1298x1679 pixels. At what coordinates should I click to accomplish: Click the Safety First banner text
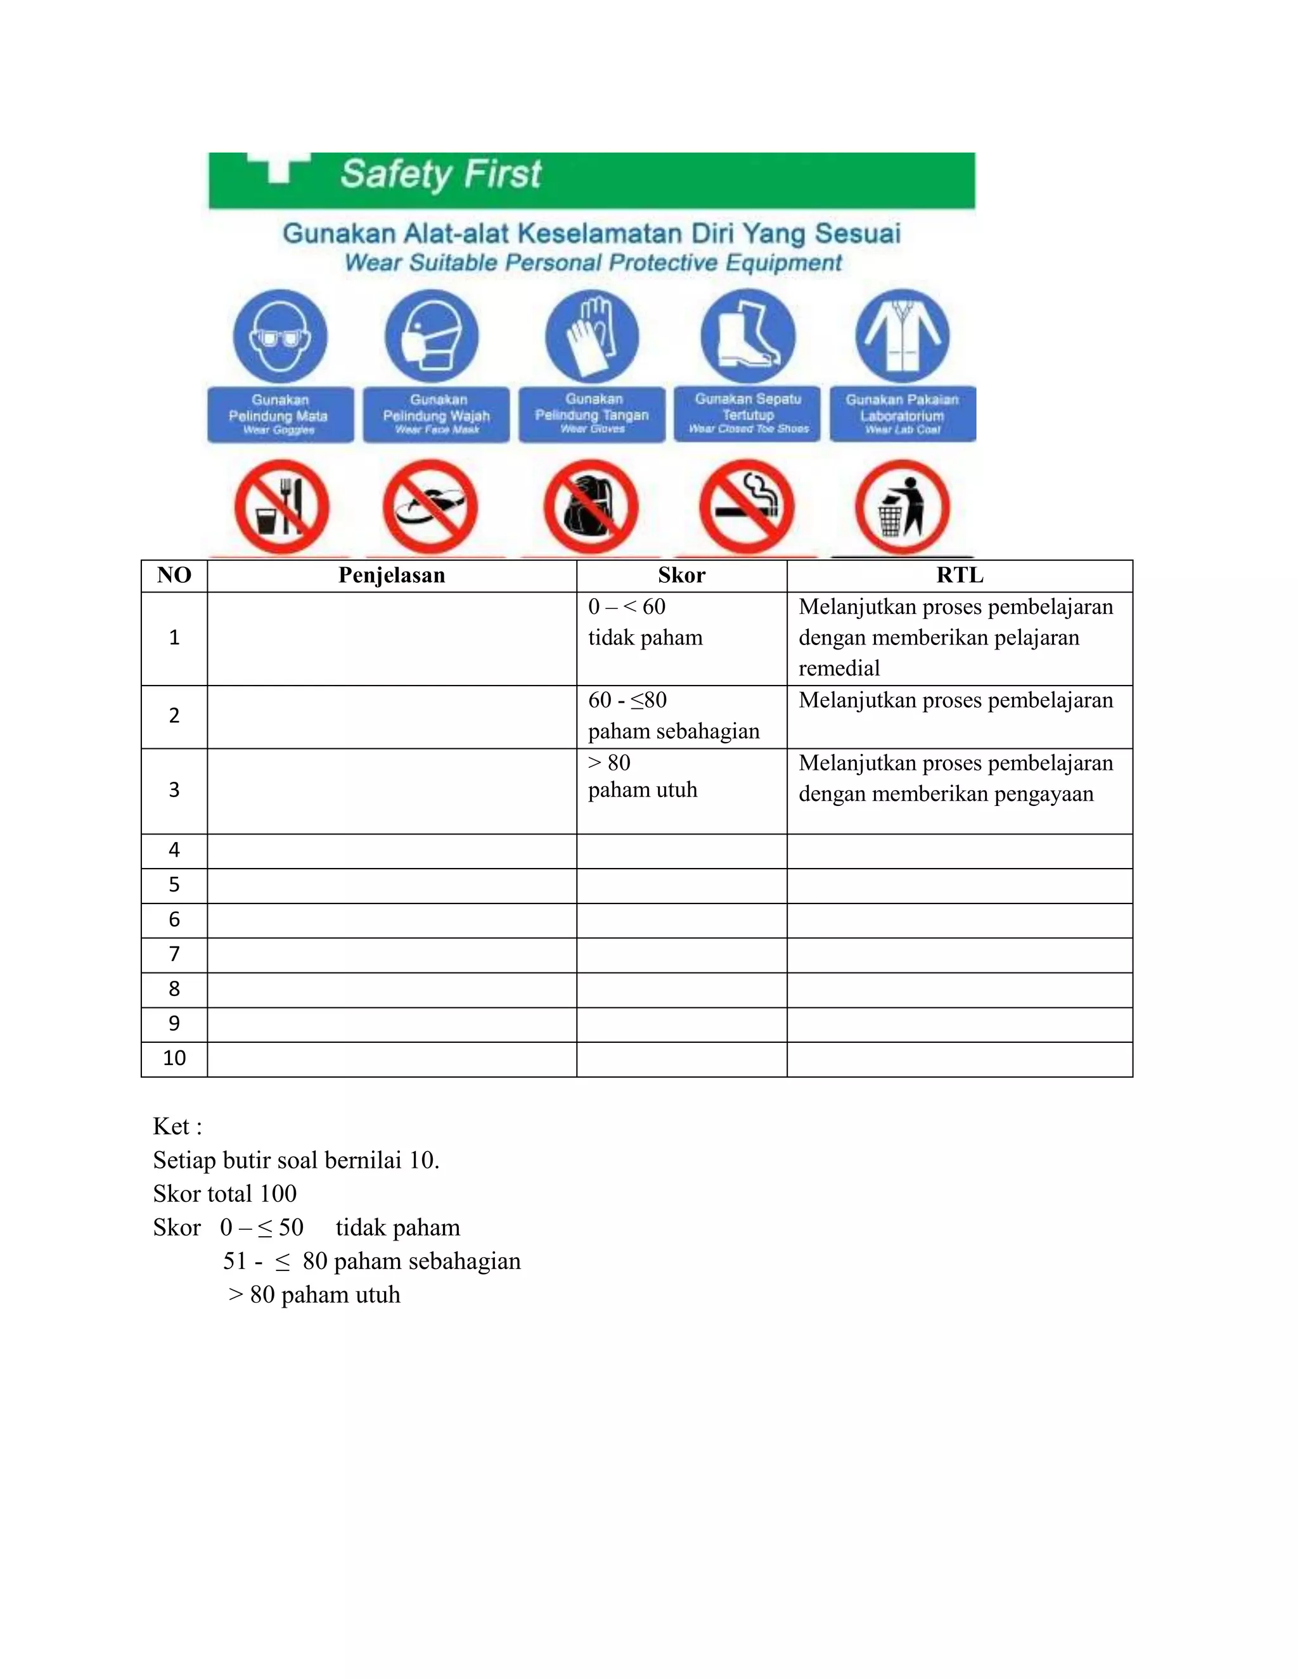point(440,174)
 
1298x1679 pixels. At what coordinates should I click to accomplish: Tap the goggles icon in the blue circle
point(281,336)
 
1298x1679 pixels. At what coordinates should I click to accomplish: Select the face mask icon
point(432,336)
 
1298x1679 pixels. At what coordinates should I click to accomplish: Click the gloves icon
point(591,336)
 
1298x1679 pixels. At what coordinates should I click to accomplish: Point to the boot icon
point(747,336)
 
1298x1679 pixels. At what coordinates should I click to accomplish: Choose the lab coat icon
point(903,336)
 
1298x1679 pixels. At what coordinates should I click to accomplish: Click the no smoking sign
point(747,507)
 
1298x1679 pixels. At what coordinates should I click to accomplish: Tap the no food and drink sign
point(281,507)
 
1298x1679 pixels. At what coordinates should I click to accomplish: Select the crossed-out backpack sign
point(591,507)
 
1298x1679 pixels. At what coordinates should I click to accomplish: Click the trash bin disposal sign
point(902,507)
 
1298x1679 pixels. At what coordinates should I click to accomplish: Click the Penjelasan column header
point(392,576)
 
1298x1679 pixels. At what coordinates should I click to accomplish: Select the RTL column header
point(960,576)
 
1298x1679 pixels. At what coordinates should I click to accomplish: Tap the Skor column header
point(681,576)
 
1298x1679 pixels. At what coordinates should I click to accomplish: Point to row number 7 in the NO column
point(174,954)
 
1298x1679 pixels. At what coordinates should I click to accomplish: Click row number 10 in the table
point(174,1058)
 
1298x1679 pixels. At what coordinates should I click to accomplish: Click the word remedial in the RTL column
point(839,668)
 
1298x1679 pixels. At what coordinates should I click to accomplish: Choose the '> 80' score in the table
point(609,763)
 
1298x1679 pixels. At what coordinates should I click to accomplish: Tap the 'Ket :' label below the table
point(177,1127)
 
